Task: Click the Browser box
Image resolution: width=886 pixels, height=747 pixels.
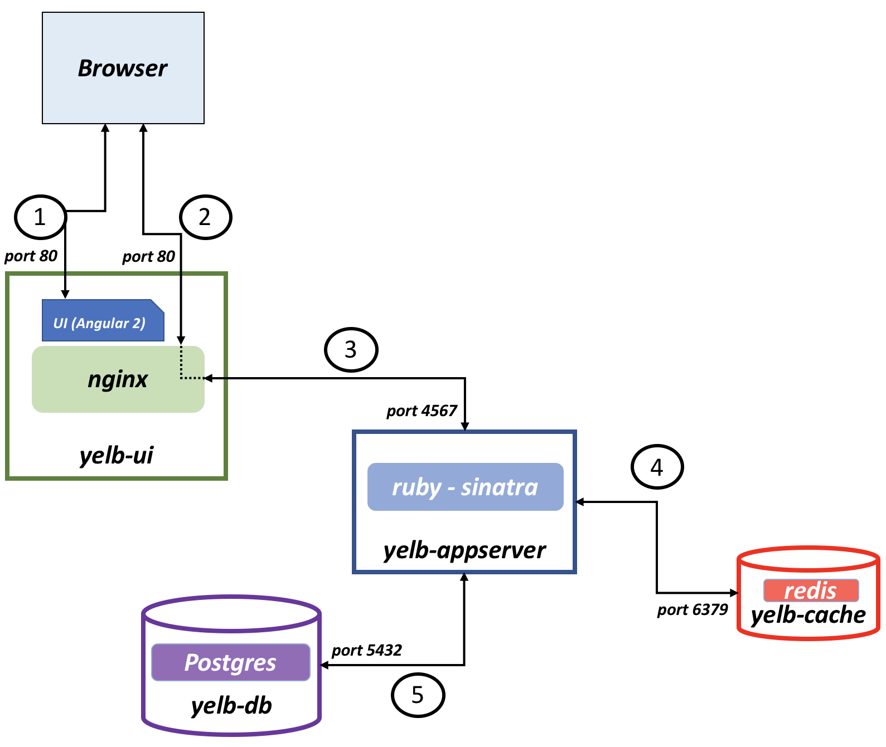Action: coord(123,68)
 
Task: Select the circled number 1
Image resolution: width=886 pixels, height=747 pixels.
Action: coord(40,217)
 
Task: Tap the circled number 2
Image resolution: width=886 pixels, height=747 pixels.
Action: coord(205,217)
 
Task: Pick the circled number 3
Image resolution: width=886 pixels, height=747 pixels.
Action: coord(351,350)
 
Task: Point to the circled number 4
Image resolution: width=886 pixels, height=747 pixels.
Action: coord(657,467)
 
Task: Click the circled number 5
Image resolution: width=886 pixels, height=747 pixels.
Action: coord(418,695)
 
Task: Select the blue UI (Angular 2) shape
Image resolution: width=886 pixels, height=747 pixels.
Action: coord(103,320)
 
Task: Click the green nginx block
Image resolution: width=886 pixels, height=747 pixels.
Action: coord(118,379)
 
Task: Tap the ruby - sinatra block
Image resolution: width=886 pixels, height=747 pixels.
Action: coord(466,487)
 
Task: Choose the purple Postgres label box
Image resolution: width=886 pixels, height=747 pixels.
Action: coord(231,662)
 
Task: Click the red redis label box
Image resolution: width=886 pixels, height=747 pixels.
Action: coord(811,590)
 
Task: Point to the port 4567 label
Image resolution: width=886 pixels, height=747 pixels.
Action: coord(422,411)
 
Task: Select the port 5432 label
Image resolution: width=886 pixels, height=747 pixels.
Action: coord(367,650)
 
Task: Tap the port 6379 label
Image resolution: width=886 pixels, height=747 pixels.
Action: coord(693,609)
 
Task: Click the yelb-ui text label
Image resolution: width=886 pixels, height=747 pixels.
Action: coord(117,456)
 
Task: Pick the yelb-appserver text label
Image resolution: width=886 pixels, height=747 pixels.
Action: coord(464,551)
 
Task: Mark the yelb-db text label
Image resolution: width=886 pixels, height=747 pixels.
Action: coord(231,706)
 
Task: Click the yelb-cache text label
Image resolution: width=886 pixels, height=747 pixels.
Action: coord(808,615)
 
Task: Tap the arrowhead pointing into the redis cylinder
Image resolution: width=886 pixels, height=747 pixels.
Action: coord(734,592)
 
